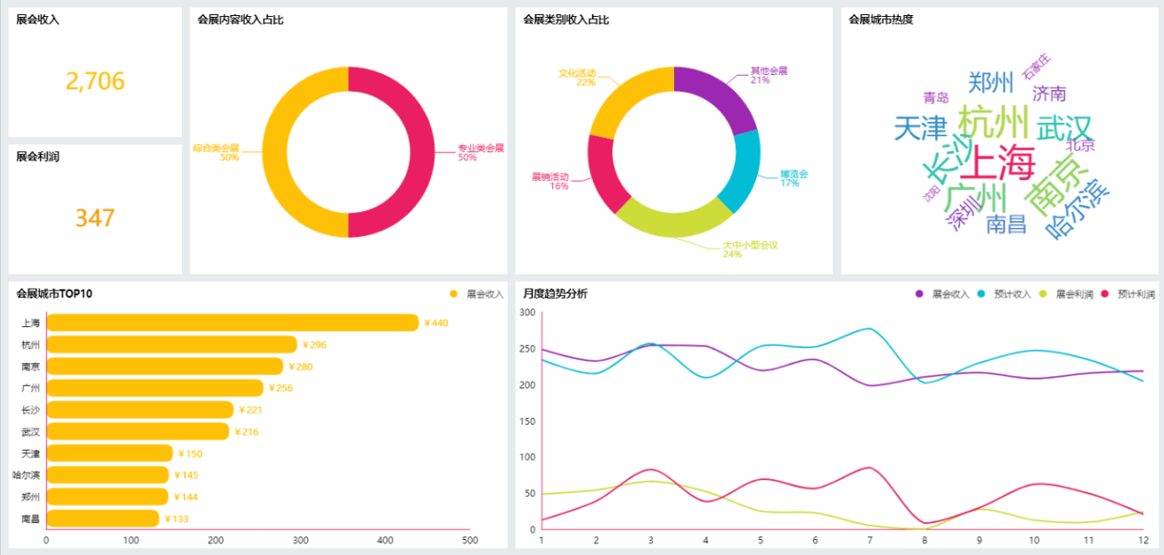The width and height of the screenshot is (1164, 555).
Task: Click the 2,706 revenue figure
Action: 95,82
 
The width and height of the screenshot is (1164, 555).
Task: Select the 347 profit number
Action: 95,218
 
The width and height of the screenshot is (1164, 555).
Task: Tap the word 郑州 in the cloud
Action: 991,83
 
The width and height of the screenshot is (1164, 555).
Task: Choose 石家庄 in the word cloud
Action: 1037,65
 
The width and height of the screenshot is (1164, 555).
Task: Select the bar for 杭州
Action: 172,345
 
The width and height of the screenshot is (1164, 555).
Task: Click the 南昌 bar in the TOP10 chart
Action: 102,518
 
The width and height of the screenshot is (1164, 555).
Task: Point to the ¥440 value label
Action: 436,322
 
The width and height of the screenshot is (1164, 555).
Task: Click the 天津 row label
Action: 30,453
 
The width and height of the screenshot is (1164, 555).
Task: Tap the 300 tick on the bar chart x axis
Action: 300,540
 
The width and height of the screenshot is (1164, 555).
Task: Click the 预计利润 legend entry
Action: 1128,294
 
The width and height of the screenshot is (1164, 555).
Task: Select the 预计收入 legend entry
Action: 1005,294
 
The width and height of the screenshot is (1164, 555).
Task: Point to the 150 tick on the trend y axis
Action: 527,421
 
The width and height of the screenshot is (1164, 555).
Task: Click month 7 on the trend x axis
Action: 870,540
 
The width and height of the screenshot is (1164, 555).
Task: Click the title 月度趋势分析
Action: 555,294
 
